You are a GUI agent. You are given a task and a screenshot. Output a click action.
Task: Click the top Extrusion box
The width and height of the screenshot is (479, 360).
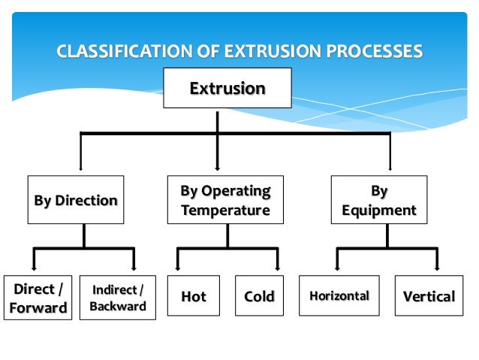pyautogui.click(x=227, y=89)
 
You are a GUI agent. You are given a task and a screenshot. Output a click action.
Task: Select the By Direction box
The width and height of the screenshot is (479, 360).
pyautogui.click(x=76, y=200)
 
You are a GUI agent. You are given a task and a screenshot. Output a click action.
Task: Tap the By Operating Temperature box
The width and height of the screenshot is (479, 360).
pyautogui.click(x=225, y=200)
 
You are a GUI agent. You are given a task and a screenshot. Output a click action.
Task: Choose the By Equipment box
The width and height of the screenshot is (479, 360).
pyautogui.click(x=378, y=200)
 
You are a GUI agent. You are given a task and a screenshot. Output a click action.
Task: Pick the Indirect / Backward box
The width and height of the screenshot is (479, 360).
pyautogui.click(x=118, y=298)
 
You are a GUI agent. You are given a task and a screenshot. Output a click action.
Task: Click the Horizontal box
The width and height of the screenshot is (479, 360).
pyautogui.click(x=339, y=295)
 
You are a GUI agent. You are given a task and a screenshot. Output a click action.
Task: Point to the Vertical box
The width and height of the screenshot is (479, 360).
pyautogui.click(x=429, y=295)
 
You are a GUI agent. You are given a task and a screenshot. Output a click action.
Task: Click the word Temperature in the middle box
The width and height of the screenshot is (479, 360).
pyautogui.click(x=225, y=210)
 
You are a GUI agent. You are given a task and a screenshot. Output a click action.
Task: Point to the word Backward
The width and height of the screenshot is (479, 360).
pyautogui.click(x=118, y=307)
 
